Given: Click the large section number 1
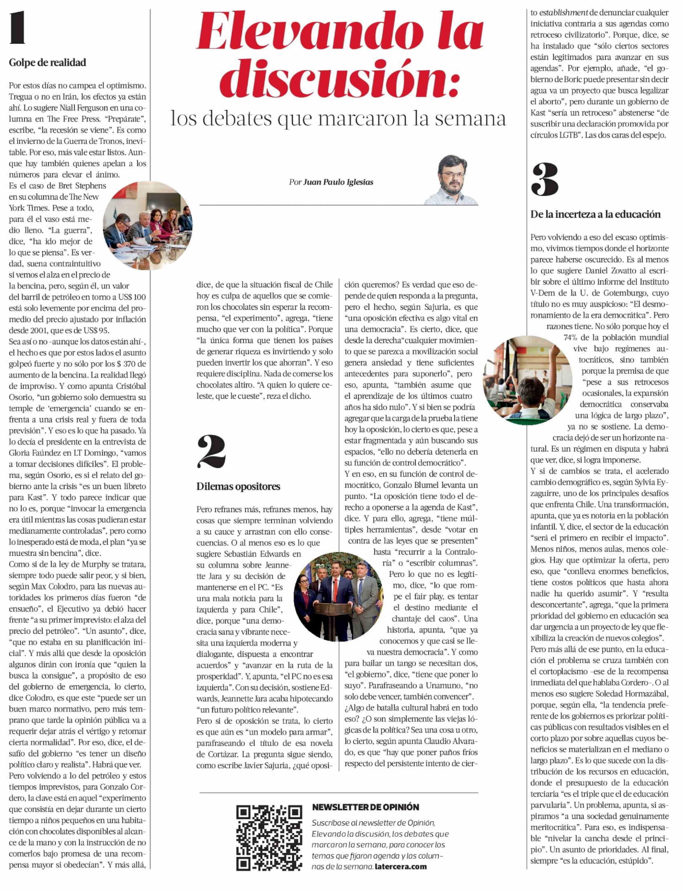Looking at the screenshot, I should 17,28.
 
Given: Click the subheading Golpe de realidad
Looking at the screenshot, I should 48,63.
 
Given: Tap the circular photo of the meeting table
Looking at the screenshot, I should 148,226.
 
